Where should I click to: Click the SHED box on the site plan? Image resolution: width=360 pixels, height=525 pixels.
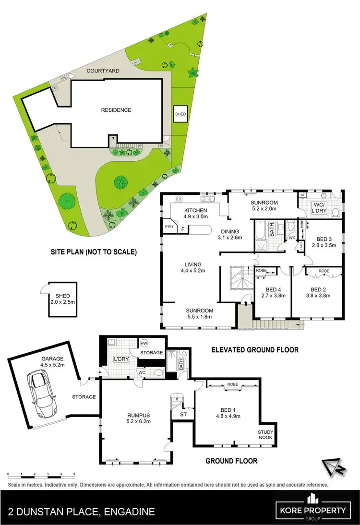pos(180,114)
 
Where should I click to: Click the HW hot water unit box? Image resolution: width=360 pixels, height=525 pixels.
pos(144,343)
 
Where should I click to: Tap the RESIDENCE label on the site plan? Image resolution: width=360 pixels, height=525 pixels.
pos(116,110)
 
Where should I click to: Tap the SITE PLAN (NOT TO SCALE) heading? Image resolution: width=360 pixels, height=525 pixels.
pos(94,251)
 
